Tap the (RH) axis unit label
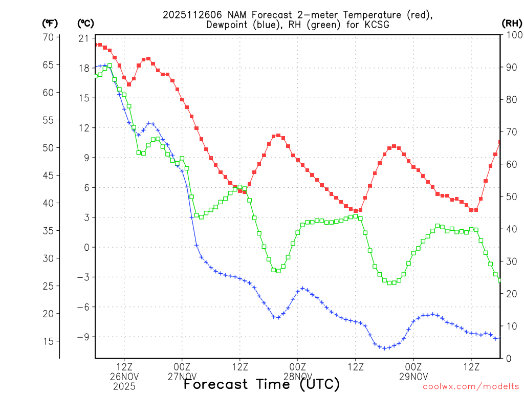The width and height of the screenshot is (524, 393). [x=512, y=23]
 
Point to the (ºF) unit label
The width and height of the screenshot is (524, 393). [x=50, y=23]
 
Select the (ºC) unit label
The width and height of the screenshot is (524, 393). [x=86, y=23]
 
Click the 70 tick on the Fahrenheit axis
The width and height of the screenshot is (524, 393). [x=49, y=37]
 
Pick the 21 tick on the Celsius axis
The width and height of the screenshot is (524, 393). [x=83, y=39]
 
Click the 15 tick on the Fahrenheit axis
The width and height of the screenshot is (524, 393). [x=49, y=341]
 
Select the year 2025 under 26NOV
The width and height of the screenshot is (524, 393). [x=124, y=386]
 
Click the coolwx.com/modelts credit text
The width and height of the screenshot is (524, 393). [x=470, y=387]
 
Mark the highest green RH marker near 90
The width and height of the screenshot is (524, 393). [x=110, y=65]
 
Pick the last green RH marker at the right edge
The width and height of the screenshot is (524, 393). [x=500, y=279]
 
